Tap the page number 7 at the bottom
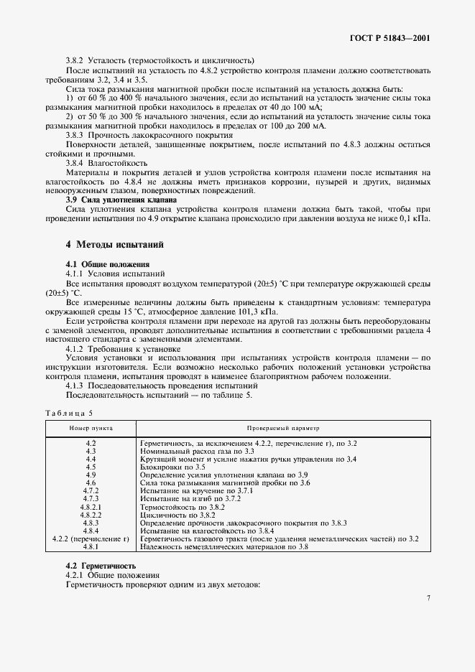428,598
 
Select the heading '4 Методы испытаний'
115,245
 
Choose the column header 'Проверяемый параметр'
279,427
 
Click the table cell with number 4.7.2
91,490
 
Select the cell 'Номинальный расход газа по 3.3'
193,451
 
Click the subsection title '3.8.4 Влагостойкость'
106,163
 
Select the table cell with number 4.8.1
91,546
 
